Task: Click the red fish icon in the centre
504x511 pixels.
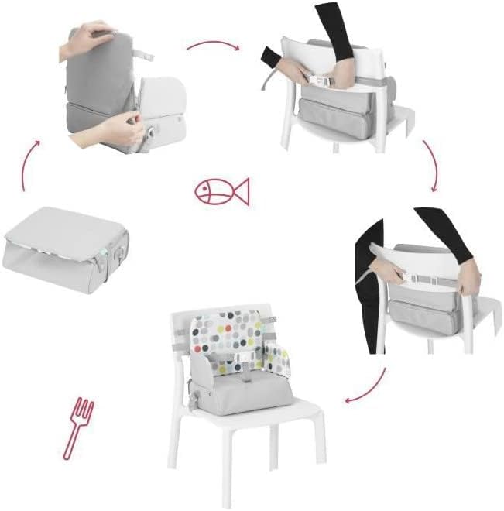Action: coord(222,191)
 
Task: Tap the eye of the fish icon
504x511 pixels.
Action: coord(207,187)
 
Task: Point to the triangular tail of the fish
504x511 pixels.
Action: coord(242,191)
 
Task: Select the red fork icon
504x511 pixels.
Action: coord(77,427)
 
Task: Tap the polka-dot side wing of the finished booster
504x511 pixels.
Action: coord(278,357)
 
